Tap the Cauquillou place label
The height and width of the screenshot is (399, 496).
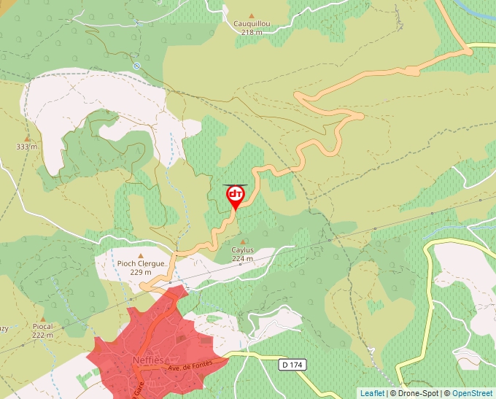coord(252,23)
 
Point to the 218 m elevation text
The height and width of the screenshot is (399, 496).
coord(252,32)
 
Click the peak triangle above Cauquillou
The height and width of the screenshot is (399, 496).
coord(252,15)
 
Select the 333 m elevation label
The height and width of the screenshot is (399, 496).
coord(27,147)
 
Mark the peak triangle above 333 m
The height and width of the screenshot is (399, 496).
coord(27,138)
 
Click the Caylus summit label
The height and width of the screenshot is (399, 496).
coord(243,249)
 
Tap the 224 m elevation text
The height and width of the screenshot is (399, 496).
coord(243,258)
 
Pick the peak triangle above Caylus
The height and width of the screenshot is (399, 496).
coord(243,241)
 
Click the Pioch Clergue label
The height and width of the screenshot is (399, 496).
coord(141,264)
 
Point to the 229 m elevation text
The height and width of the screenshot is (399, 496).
coord(141,272)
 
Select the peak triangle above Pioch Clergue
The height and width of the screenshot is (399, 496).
coord(141,255)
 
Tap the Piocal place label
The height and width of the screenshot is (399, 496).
coord(44,327)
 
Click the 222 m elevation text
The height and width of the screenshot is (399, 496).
coord(44,335)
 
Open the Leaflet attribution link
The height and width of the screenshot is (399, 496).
coord(372,393)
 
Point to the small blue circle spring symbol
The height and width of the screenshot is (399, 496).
coord(136,66)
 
